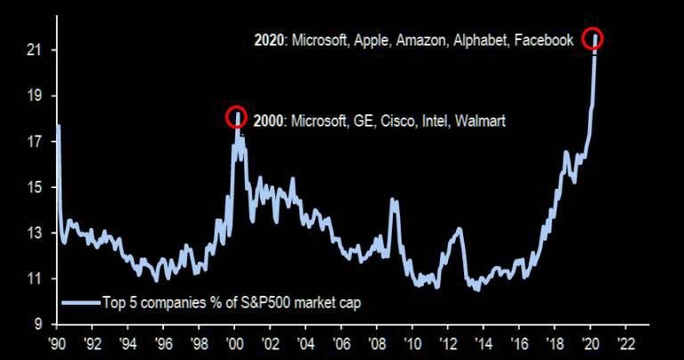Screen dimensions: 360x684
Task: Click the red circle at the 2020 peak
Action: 593,38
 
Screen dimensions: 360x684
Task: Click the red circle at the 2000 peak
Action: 236,116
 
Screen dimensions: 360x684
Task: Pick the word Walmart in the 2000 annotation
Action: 480,119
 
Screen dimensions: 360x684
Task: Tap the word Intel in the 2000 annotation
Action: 431,119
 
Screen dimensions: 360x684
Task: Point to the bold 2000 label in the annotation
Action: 268,119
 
